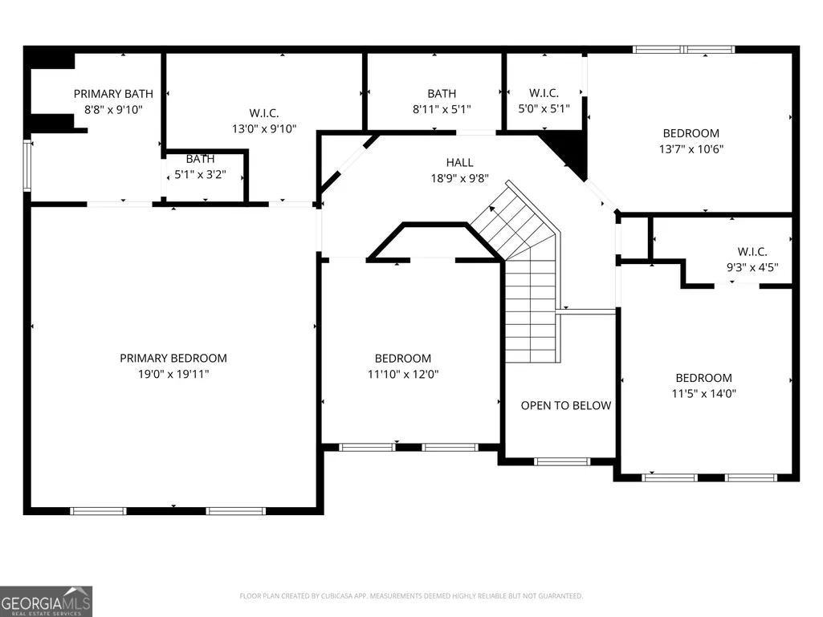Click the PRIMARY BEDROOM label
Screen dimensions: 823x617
173,359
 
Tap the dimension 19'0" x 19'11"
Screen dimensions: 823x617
173,374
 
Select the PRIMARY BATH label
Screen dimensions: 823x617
113,94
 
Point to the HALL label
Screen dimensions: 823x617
460,163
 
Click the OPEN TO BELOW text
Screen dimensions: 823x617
566,405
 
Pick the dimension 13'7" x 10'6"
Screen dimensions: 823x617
691,149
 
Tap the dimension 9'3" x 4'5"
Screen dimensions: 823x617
752,267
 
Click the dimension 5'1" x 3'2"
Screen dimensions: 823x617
200,175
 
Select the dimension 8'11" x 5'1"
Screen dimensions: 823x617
442,109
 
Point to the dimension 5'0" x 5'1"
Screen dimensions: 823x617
544,108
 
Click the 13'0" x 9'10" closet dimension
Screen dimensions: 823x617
264,128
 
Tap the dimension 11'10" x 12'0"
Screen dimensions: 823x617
403,374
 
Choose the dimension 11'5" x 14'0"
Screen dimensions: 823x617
704,393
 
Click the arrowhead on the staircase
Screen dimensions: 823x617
492,209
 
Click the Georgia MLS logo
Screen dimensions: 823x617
47,601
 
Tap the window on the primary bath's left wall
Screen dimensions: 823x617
27,164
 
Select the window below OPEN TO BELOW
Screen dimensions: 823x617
562,461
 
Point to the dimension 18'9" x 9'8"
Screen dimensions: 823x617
460,178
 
